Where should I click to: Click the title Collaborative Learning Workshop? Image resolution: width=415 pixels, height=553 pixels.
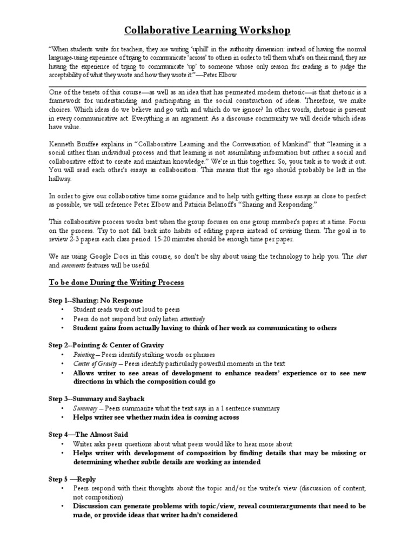tap(207, 30)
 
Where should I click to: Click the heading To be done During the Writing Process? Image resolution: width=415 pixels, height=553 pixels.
tap(116, 282)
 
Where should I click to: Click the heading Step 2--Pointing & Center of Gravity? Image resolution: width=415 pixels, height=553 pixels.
tap(106, 345)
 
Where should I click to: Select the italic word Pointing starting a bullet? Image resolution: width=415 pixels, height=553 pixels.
tap(84, 355)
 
